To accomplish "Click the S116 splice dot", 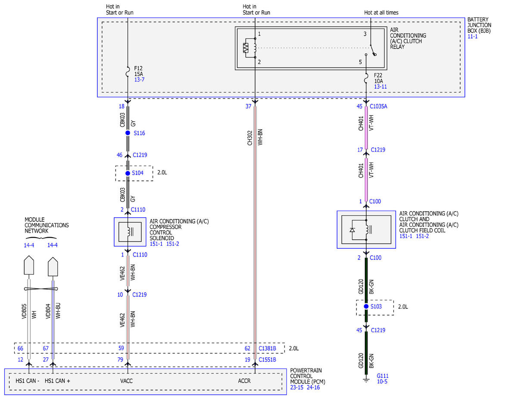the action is point(128,133).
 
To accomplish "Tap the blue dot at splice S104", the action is point(128,173).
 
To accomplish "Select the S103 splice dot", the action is point(366,306).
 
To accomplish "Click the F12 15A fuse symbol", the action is point(128,71).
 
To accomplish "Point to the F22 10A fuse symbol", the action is point(366,78).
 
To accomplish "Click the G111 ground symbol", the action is point(366,380).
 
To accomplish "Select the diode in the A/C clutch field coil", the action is point(352,230).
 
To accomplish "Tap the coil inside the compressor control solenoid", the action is point(129,232).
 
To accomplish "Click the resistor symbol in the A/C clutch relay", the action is point(246,48).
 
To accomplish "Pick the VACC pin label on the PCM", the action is point(126,381).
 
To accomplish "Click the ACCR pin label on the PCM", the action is point(244,381).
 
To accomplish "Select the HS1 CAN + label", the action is point(57,381).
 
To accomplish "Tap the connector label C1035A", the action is point(378,106).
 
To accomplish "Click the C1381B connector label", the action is point(268,348).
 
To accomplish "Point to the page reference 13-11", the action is point(380,87).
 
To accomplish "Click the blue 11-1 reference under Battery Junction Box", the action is point(473,36).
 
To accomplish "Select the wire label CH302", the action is point(249,138).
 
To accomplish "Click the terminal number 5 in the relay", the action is point(360,62).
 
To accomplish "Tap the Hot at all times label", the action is point(381,12).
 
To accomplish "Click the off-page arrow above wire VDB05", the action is point(29,265).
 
